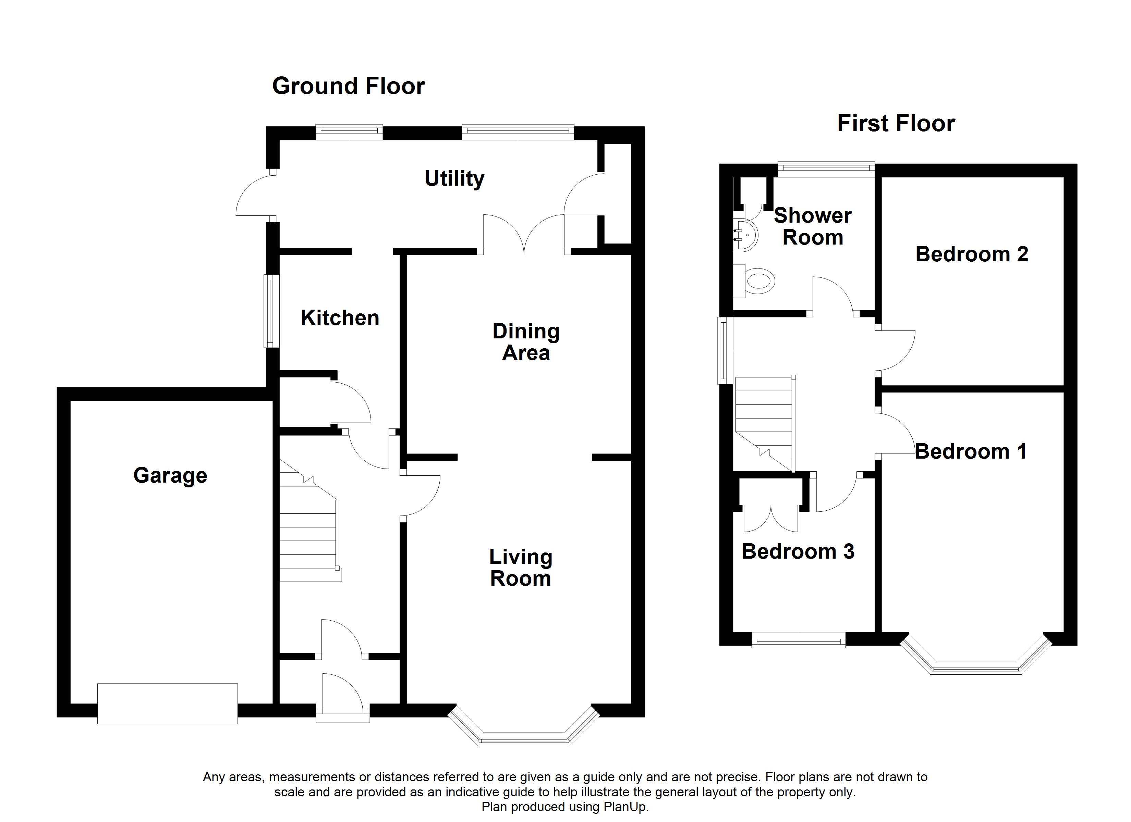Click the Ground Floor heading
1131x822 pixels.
[348, 86]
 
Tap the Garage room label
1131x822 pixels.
[170, 475]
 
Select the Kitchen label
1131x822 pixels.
[340, 318]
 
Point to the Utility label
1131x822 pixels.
[454, 178]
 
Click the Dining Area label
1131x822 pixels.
[526, 342]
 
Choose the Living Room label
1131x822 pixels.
[521, 568]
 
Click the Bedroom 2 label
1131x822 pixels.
[971, 254]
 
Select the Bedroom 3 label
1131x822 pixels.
[798, 551]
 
